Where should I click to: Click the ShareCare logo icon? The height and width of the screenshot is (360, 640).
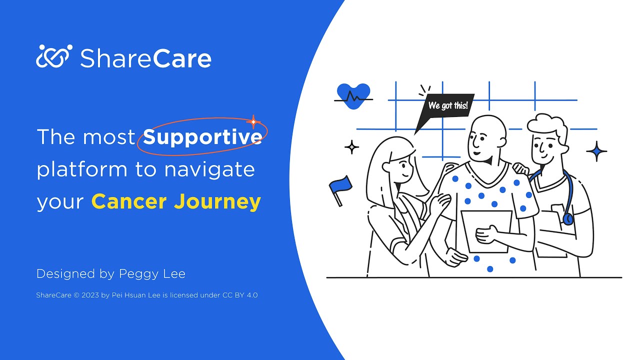coord(54,56)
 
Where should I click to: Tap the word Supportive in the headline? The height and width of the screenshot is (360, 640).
coord(202,137)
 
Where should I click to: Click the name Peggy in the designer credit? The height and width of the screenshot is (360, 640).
coord(137,274)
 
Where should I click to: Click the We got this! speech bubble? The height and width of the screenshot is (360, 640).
coord(446,107)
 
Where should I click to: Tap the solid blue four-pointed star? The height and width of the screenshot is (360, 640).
coord(596,151)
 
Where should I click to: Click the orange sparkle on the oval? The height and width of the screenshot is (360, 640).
coord(253,121)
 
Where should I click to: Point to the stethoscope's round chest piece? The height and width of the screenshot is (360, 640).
coord(568,218)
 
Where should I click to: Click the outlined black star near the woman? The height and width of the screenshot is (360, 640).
coord(352,147)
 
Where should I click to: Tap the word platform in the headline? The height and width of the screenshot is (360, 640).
coord(82,170)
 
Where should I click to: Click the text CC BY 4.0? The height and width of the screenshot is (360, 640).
coord(239,295)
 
